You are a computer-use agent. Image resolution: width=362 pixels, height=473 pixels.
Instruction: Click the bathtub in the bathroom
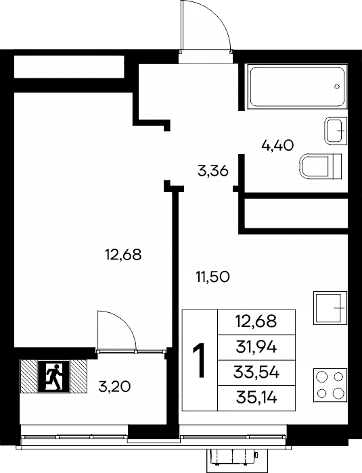[297, 86]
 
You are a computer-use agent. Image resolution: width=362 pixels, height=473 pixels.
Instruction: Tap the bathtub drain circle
[337, 86]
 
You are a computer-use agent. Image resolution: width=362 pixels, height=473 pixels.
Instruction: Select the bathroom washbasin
[336, 130]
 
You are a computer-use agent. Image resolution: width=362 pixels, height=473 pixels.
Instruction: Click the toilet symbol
[321, 166]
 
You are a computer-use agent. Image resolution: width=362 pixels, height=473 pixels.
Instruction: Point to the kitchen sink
[330, 307]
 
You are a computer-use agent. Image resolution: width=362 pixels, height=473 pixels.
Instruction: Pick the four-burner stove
[330, 385]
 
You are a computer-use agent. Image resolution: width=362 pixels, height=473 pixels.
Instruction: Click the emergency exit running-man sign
[53, 376]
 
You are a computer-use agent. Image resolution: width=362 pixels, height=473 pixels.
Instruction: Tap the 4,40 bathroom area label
[277, 146]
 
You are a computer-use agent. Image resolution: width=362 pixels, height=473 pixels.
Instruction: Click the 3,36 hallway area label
[212, 172]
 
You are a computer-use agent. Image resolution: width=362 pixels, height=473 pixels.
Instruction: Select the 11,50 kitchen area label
[212, 276]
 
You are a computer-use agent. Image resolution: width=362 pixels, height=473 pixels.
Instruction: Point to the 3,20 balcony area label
[114, 387]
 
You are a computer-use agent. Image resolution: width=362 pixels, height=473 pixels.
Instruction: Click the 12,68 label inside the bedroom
[123, 255]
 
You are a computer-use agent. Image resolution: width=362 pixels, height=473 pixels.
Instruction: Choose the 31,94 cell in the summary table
[256, 347]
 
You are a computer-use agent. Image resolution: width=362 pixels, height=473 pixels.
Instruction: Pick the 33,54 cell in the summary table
[256, 372]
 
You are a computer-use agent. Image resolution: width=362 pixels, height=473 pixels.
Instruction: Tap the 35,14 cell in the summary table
[256, 398]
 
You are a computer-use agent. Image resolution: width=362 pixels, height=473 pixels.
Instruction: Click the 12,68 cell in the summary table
[256, 322]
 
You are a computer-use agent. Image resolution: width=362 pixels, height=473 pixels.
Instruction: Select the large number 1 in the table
[200, 360]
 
